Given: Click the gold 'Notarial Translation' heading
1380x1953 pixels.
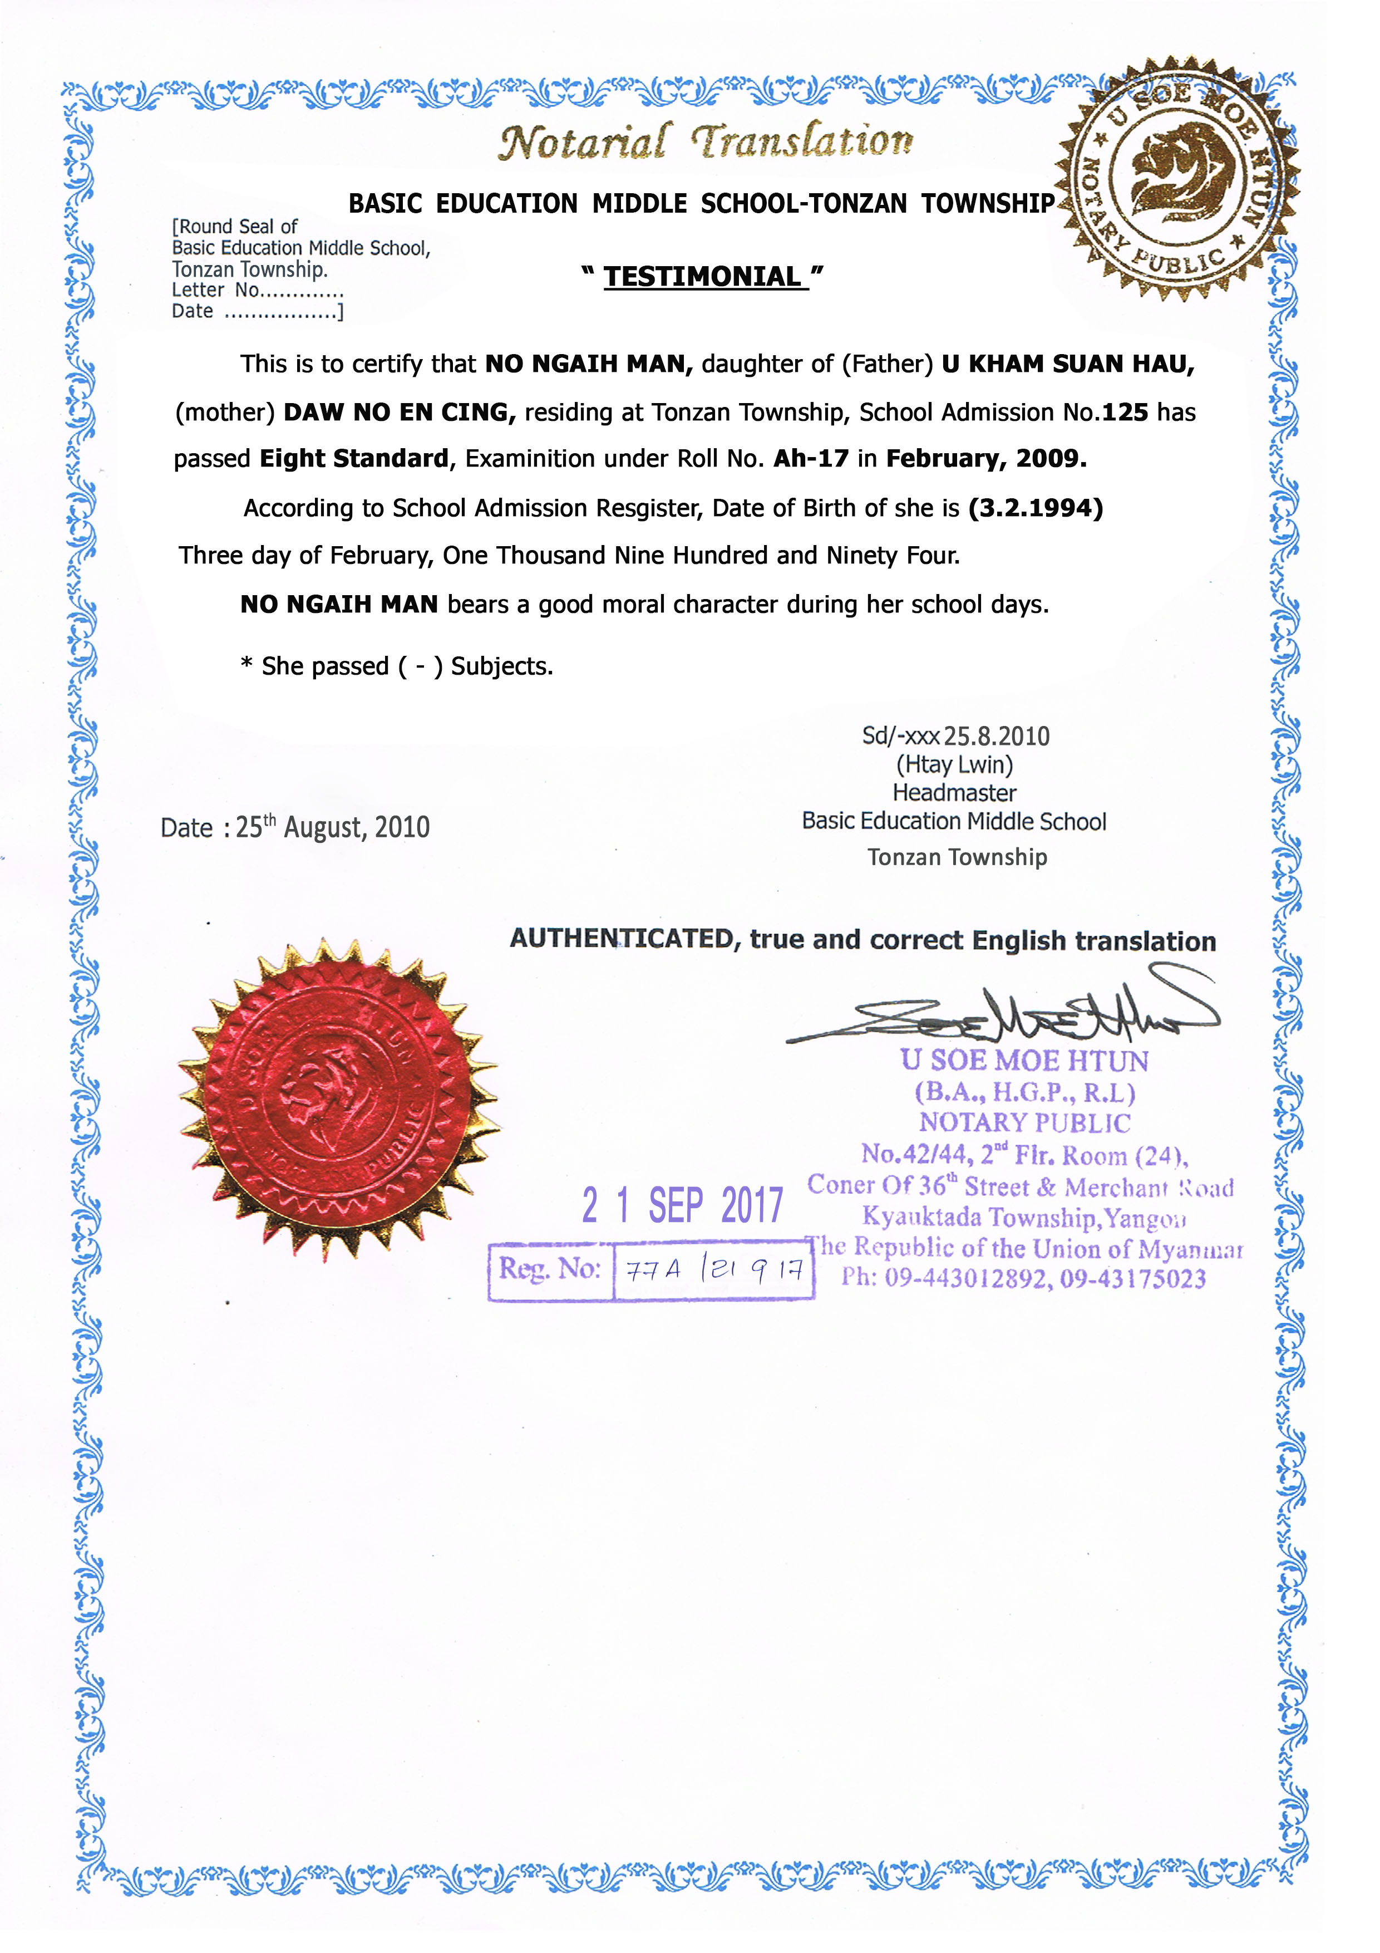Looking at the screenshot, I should coord(705,141).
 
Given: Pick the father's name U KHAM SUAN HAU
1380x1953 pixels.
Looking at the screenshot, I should coord(1068,364).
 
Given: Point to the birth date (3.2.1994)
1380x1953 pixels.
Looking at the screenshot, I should coord(1036,509).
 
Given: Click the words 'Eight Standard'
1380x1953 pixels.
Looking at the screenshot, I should coord(354,459).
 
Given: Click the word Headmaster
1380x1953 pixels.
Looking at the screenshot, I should coord(954,793).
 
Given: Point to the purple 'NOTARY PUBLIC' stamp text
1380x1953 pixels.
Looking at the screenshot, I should coord(1024,1123).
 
